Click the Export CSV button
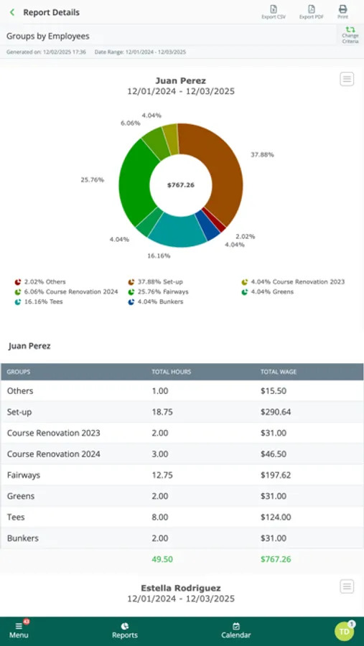(x=274, y=12)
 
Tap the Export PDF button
(x=312, y=12)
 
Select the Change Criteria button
(x=350, y=35)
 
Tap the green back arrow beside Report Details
(x=12, y=12)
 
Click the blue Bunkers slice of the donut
(x=207, y=226)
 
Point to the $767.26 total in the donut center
(x=180, y=185)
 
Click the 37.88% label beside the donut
(x=262, y=154)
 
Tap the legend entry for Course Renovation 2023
(x=293, y=282)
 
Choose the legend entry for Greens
(x=267, y=291)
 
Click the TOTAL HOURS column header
(x=171, y=372)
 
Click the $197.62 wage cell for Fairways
(x=276, y=475)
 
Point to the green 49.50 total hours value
(x=162, y=559)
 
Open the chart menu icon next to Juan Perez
(x=347, y=79)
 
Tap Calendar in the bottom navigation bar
(x=235, y=631)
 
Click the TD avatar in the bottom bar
(x=344, y=631)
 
